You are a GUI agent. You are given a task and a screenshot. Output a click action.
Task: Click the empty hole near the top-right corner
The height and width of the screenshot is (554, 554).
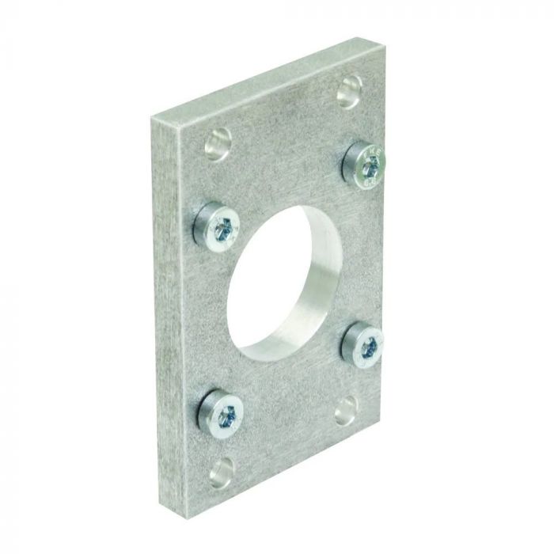point(347,93)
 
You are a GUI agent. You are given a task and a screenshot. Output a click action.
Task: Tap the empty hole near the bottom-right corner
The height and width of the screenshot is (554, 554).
point(347,411)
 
